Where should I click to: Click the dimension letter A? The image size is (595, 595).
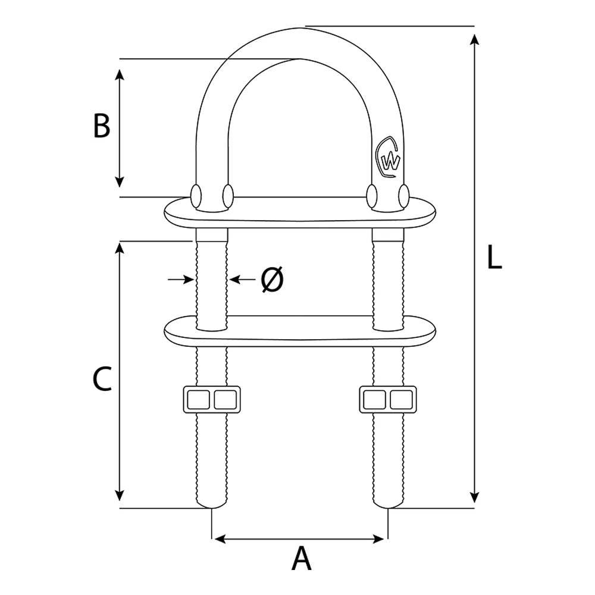click(x=302, y=559)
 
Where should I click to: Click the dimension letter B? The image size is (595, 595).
click(x=102, y=126)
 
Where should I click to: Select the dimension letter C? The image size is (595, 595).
click(x=102, y=379)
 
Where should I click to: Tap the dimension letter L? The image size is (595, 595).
click(x=494, y=258)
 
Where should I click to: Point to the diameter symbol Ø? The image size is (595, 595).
click(x=272, y=279)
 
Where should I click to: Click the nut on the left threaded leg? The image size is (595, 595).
click(x=211, y=399)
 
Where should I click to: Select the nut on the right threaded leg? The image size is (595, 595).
click(x=388, y=399)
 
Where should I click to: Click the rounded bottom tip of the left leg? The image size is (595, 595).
click(x=211, y=506)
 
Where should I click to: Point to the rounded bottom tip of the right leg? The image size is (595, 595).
click(x=388, y=506)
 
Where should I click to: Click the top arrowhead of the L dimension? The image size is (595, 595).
click(x=474, y=40)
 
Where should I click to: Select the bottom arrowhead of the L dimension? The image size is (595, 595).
click(x=474, y=496)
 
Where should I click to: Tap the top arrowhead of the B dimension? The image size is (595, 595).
click(x=120, y=74)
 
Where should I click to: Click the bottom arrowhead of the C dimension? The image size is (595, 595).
click(x=120, y=495)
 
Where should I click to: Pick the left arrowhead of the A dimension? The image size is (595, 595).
click(x=220, y=539)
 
